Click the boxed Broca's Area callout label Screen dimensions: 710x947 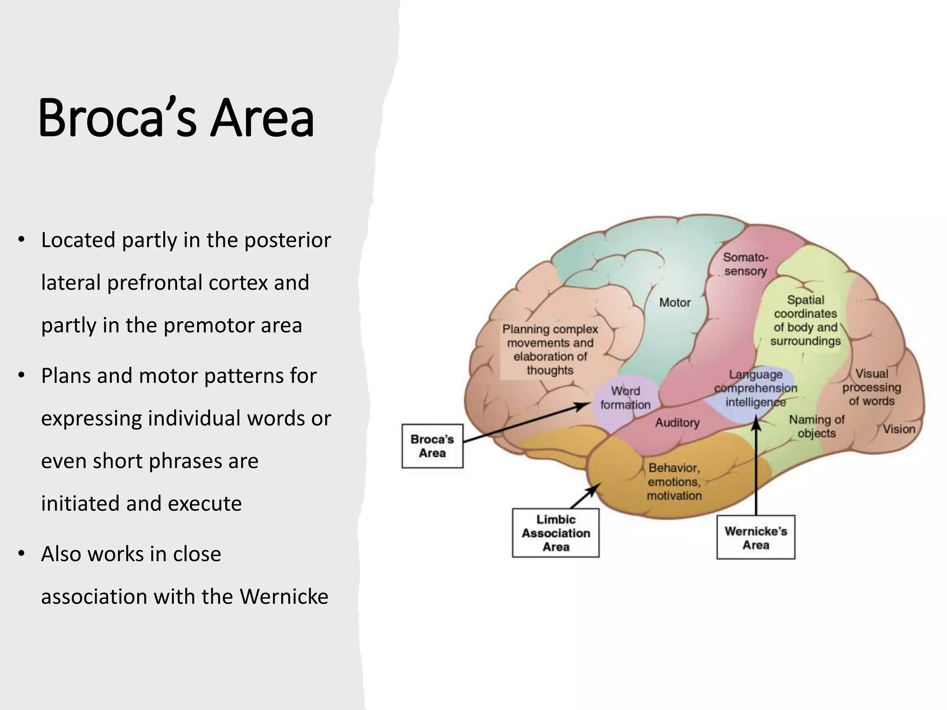[x=432, y=446]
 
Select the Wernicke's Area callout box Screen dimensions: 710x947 [x=756, y=538]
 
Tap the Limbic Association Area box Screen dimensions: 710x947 [x=555, y=533]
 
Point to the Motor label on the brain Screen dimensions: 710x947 [x=675, y=303]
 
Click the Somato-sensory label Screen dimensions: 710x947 [x=745, y=264]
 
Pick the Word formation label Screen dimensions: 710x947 [x=625, y=398]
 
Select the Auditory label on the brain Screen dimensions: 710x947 [x=677, y=422]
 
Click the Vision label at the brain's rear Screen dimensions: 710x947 [x=899, y=429]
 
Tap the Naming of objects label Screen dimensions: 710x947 [x=816, y=426]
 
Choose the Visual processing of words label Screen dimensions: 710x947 [x=872, y=387]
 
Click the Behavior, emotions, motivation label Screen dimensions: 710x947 [x=674, y=482]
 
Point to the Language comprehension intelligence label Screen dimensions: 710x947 [x=756, y=388]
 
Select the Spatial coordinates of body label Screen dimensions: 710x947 [x=806, y=320]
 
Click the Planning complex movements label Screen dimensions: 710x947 [x=550, y=349]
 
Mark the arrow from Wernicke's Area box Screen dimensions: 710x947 [x=756, y=467]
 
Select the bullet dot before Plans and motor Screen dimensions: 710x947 [x=21, y=375]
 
